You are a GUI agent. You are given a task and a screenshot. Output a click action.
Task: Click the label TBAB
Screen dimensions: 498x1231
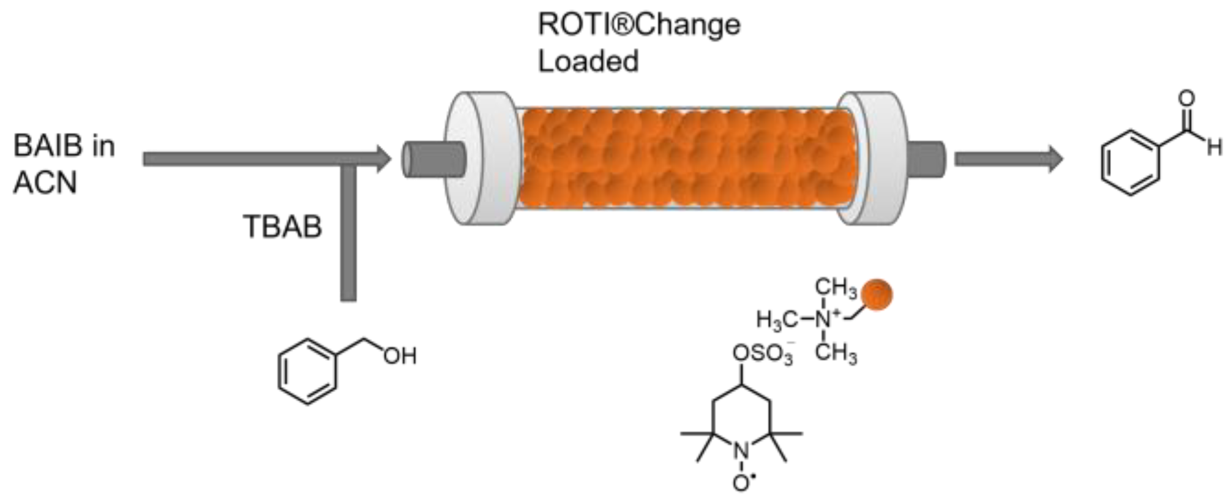coord(282,227)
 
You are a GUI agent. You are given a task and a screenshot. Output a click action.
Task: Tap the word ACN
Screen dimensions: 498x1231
coord(45,183)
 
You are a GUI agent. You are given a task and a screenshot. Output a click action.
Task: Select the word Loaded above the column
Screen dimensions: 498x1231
coord(588,61)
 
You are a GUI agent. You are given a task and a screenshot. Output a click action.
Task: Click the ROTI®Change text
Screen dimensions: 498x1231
coord(638,25)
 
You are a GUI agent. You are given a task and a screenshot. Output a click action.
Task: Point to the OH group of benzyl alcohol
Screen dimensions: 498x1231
coord(400,356)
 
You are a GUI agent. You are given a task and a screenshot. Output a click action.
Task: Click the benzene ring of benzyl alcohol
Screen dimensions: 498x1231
coord(307,372)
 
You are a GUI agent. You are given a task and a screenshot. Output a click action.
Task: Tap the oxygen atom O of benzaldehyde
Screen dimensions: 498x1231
coord(1186,99)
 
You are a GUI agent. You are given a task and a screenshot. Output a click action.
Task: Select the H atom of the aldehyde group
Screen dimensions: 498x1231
coord(1214,148)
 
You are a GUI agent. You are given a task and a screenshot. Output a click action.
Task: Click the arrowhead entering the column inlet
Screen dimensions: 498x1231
coord(383,159)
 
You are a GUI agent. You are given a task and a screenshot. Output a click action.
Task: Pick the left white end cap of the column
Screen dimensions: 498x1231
coord(481,158)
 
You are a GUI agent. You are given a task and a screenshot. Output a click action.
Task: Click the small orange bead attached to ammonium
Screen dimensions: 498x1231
coord(876,295)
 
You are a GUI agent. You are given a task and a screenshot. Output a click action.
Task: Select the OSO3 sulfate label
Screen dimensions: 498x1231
coord(763,354)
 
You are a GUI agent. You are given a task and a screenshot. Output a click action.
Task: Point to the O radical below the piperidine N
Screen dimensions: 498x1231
coord(741,483)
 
